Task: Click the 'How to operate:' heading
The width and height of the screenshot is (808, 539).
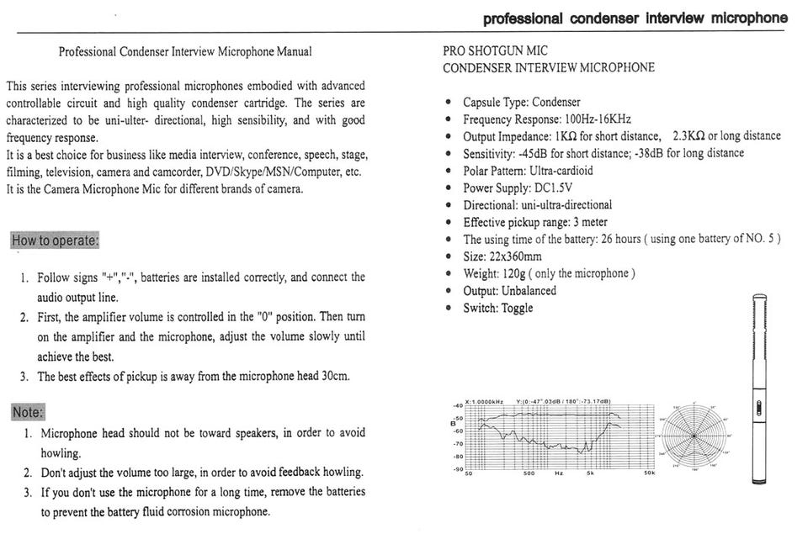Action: (x=55, y=240)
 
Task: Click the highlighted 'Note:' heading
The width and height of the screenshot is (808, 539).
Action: (x=28, y=412)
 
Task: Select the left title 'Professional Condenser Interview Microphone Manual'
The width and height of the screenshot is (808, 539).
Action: (x=185, y=52)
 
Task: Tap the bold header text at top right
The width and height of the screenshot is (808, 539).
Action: (x=635, y=18)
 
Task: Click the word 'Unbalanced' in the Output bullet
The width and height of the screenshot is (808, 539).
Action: (x=529, y=291)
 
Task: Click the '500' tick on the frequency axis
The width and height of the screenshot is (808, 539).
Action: (x=529, y=474)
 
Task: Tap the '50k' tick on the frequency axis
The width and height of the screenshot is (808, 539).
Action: (x=649, y=474)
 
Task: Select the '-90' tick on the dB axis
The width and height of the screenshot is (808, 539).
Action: (x=458, y=468)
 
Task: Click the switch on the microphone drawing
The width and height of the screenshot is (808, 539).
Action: (x=759, y=409)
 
